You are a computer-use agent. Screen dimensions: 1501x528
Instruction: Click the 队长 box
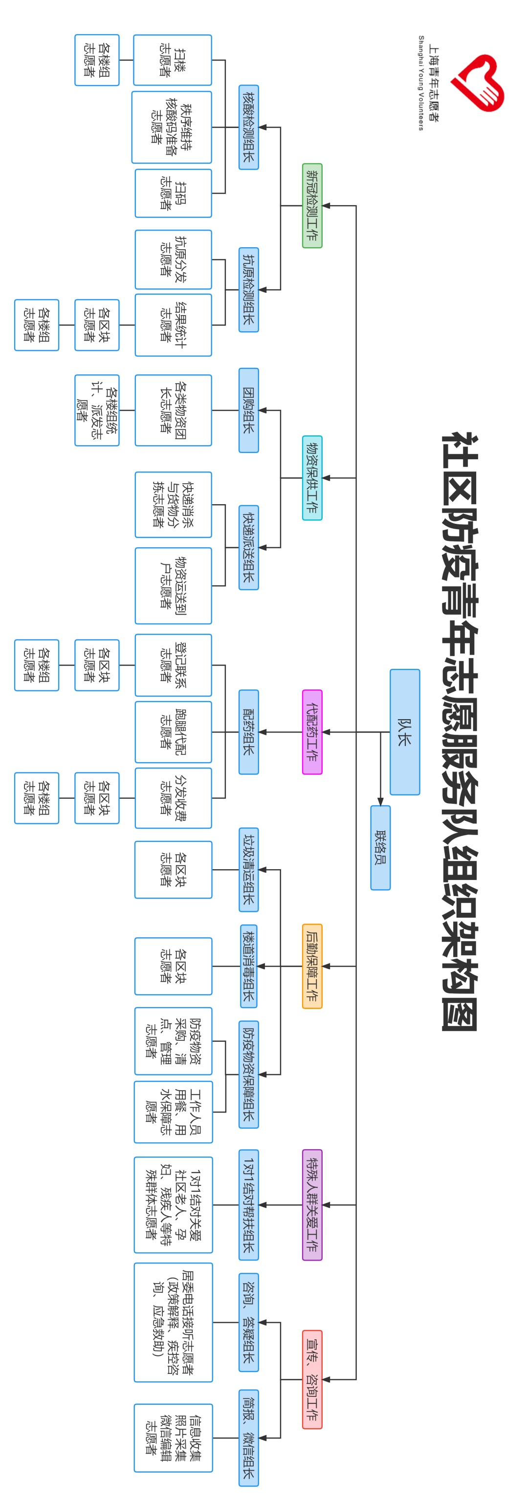(404, 731)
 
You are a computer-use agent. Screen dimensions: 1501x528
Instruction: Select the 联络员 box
(380, 847)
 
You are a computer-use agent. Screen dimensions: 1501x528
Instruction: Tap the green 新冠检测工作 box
(312, 206)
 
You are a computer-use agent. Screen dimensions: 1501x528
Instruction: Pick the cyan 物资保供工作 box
(312, 478)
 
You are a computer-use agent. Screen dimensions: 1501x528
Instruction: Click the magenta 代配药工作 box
(312, 732)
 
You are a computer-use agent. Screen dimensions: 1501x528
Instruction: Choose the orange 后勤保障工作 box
(312, 966)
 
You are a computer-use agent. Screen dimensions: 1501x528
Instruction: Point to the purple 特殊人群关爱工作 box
(312, 1205)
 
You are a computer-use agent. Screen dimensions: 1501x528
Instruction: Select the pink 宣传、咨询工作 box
(312, 1379)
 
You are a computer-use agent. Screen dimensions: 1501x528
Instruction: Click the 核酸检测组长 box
(249, 127)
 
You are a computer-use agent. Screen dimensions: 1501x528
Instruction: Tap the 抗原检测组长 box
(249, 290)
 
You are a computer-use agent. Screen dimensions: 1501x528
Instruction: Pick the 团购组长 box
(249, 410)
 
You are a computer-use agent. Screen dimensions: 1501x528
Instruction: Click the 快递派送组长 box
(249, 548)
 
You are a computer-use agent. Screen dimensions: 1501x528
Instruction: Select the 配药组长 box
(249, 732)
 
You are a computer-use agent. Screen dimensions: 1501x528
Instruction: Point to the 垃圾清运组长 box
(249, 869)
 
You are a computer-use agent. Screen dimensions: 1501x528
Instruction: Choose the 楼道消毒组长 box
(249, 966)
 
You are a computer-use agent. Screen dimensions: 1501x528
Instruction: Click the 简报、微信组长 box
(249, 1438)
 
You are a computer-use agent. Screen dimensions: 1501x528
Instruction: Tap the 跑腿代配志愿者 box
(173, 732)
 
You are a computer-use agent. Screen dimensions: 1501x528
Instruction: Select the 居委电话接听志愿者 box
(173, 1322)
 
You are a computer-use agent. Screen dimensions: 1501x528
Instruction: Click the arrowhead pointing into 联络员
(380, 802)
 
